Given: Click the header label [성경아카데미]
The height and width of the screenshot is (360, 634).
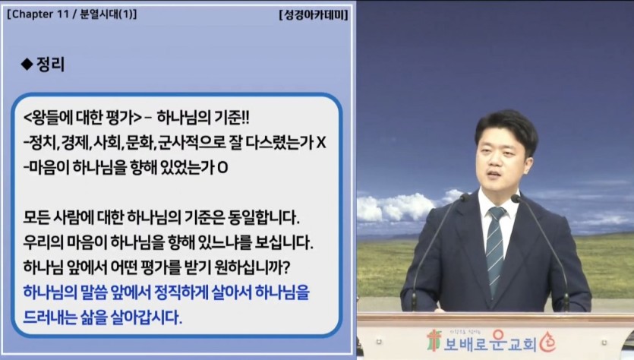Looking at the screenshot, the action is (314, 15).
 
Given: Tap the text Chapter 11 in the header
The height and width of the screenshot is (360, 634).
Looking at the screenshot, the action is (40, 14).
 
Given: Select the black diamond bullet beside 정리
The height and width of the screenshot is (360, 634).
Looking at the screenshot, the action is (27, 64).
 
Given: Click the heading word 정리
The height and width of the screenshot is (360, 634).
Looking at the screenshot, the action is (51, 64).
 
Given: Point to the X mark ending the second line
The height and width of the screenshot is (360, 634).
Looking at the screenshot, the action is (321, 142).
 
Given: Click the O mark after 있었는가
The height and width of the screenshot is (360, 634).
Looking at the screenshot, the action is (222, 167).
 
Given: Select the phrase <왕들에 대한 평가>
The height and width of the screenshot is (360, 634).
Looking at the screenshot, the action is (83, 118).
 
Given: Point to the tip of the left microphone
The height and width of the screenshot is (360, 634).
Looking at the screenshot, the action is (465, 197).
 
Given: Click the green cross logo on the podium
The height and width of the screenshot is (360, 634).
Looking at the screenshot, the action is (434, 340).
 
